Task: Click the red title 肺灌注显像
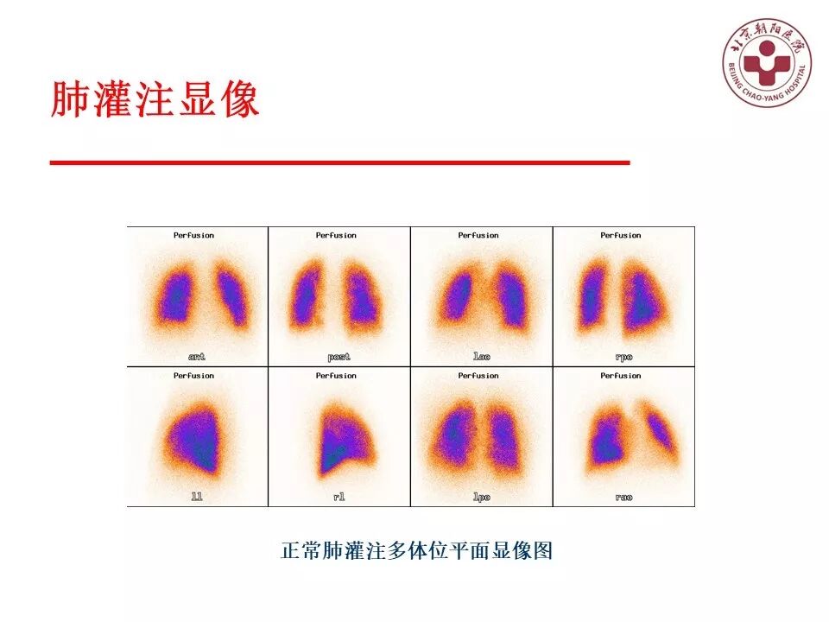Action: click(155, 101)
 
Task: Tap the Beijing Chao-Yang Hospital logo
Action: click(766, 63)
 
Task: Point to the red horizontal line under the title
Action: click(339, 162)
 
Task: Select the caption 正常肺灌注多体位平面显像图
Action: click(416, 550)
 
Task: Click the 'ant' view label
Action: click(197, 356)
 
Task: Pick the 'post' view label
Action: click(339, 356)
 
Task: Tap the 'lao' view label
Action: click(481, 356)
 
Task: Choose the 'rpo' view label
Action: click(623, 356)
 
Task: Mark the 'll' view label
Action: click(197, 497)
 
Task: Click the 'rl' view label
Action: click(339, 497)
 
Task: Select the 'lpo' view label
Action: click(481, 497)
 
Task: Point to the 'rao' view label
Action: click(623, 497)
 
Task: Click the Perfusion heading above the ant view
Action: click(193, 235)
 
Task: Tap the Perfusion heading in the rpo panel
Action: click(621, 235)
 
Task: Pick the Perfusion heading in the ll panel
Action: click(193, 376)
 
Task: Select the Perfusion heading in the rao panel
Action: click(621, 376)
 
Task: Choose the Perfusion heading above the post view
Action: click(336, 235)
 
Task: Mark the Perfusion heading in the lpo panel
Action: click(478, 376)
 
